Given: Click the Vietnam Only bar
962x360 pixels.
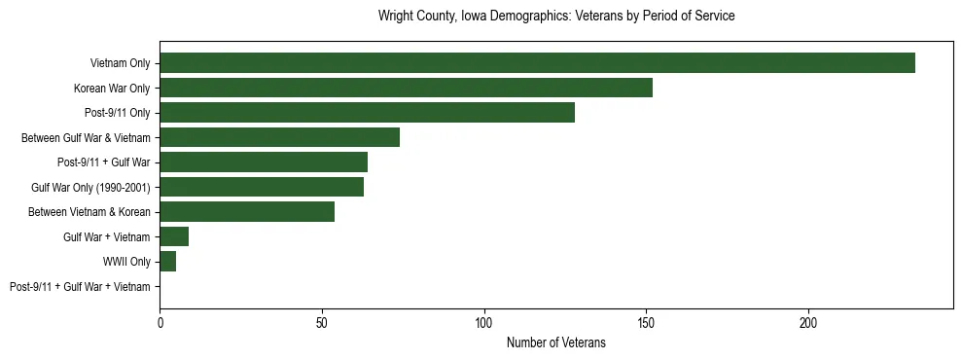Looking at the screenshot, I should (x=537, y=63).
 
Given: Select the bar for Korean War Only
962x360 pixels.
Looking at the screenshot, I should (x=406, y=88).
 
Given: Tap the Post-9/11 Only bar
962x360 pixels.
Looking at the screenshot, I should (x=367, y=113).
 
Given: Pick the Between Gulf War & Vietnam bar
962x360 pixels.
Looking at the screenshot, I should (x=279, y=137).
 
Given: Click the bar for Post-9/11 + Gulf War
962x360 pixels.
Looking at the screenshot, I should (x=264, y=162).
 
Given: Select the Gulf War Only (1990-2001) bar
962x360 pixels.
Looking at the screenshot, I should (x=262, y=187).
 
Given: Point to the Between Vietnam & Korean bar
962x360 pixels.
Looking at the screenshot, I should (x=247, y=211).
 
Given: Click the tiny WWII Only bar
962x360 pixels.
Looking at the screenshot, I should (x=167, y=261).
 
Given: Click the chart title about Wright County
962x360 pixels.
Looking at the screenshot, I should (x=555, y=17).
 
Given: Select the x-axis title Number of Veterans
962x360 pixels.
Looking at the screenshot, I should (x=555, y=342).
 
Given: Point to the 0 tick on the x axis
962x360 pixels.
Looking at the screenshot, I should (x=160, y=322).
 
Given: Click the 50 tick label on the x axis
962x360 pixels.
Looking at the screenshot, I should (x=322, y=322).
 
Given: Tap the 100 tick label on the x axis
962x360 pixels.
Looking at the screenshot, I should (x=484, y=322).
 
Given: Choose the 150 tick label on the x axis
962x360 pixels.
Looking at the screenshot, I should (x=646, y=322).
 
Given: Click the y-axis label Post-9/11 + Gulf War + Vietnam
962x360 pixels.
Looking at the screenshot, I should (x=80, y=286).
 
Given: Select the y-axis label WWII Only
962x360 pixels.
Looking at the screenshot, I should (x=126, y=261).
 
